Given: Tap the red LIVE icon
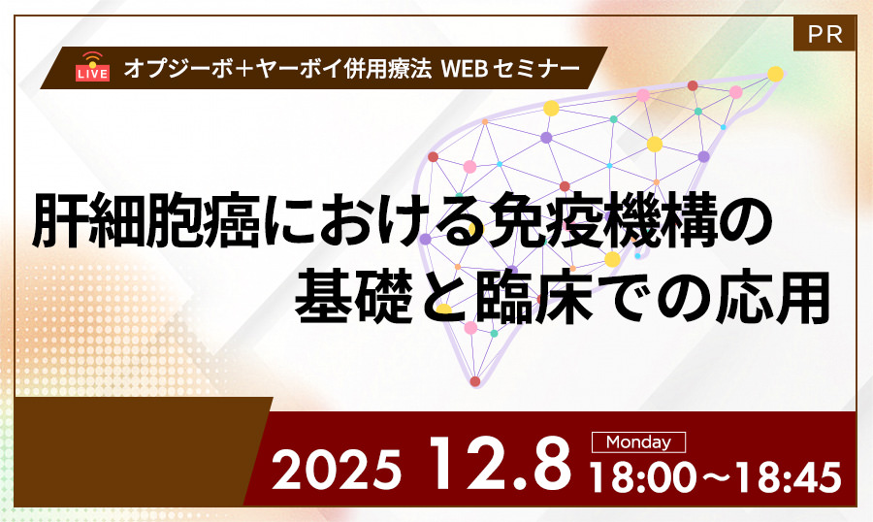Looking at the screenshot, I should (92, 67).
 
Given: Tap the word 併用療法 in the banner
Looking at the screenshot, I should (372, 69).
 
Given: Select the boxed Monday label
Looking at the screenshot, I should (638, 442).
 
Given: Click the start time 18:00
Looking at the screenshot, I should (648, 475).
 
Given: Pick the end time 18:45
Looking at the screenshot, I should (785, 475).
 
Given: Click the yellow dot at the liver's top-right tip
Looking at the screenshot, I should (775, 73).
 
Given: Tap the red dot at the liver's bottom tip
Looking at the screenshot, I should (474, 381).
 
